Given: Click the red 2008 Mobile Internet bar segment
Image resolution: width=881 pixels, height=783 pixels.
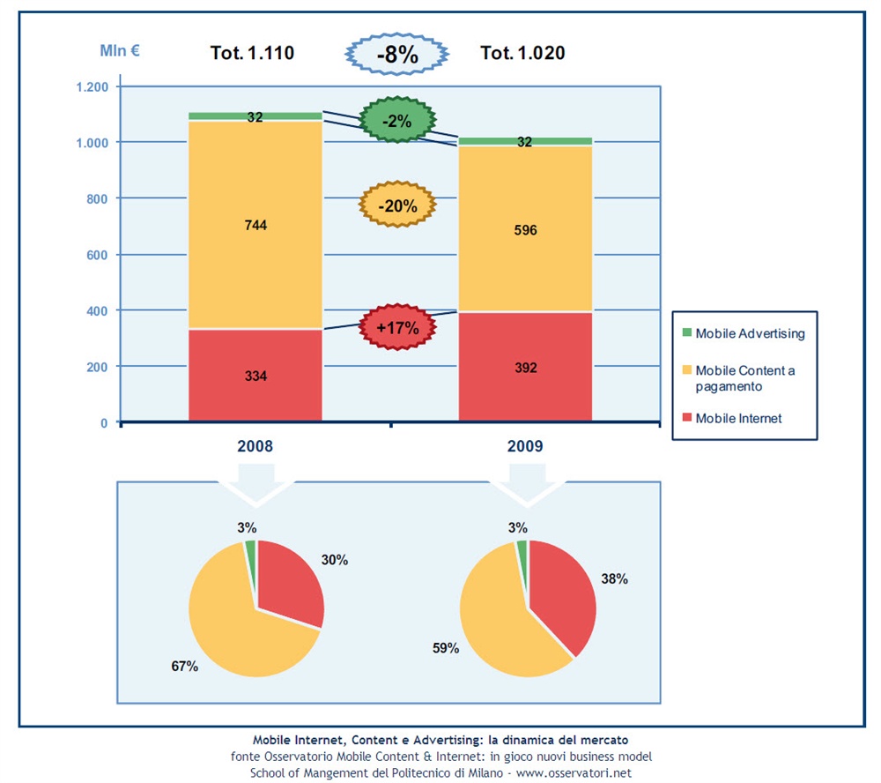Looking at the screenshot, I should pos(255,376).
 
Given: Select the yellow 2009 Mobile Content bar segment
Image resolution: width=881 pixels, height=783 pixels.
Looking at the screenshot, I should pos(524,230).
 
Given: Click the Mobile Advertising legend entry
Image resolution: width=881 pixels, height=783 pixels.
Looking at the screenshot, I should pos(749,333).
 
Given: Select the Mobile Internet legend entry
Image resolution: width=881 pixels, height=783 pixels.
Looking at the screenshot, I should pos(738,418).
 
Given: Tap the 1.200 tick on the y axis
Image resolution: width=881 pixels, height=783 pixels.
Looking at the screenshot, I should pos(91,86).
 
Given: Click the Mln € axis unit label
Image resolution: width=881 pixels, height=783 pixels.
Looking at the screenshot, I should pos(119,50).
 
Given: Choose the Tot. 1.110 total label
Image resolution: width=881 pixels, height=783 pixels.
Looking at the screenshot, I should pos(252,53).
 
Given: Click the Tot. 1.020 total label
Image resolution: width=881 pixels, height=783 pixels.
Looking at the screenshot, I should pos(522,53).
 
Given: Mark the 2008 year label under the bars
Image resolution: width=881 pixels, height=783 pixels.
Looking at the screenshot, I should pos(255,446).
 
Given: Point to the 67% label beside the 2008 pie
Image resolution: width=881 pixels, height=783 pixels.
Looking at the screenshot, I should pos(184,667).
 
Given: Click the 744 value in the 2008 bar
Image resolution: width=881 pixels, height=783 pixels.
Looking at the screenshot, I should pos(255,226).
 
